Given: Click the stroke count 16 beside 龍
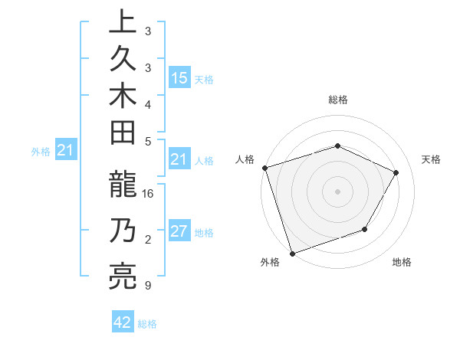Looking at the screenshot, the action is (149, 195).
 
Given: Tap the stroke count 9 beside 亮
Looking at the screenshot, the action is (147, 286).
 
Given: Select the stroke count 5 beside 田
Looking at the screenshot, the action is (147, 141).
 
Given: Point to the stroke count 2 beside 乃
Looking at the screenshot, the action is (147, 241).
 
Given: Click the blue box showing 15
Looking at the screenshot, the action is (179, 78).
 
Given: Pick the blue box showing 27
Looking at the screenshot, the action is (179, 232).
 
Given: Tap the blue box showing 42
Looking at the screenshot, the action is (123, 322).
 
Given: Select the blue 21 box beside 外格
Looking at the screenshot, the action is (65, 151).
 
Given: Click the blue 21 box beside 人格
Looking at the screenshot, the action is (179, 160).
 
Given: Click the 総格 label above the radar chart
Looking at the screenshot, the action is (337, 100).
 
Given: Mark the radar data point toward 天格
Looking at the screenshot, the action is (396, 172).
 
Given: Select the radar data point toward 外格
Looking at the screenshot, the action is (292, 253).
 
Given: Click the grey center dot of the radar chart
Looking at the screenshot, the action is (337, 191).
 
